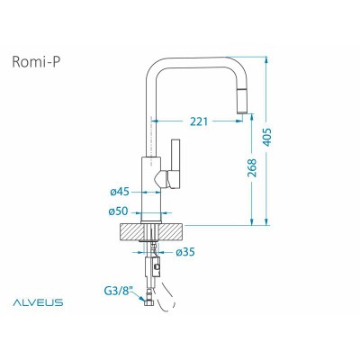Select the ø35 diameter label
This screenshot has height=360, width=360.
[184, 251]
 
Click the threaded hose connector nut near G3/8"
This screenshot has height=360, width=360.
[146, 303]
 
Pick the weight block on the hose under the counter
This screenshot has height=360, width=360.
[154, 267]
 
